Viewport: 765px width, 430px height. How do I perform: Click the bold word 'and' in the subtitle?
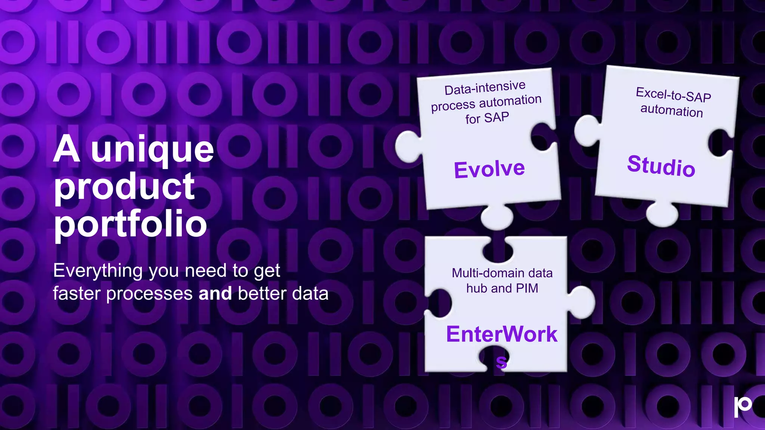click(x=215, y=293)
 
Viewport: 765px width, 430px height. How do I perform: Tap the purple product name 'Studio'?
click(x=661, y=166)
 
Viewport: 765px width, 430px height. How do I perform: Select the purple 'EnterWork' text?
click(x=502, y=334)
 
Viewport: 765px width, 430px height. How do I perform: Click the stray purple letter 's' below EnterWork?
click(x=501, y=362)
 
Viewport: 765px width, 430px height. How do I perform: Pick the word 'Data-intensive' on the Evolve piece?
click(x=485, y=88)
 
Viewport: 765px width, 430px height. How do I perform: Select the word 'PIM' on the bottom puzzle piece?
click(x=527, y=289)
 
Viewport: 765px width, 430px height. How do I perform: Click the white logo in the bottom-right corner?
click(x=743, y=406)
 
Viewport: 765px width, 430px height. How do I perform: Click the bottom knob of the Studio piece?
click(x=662, y=214)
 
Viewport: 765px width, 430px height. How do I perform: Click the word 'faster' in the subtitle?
click(x=77, y=294)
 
